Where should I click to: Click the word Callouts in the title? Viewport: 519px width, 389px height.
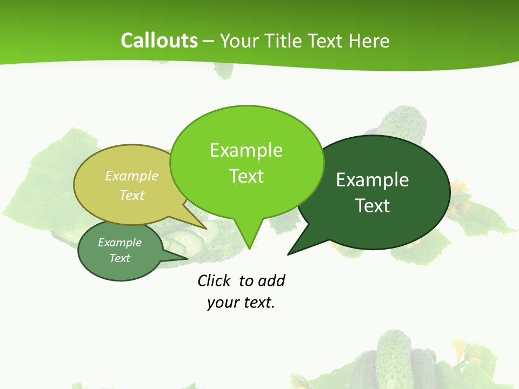pyautogui.click(x=159, y=41)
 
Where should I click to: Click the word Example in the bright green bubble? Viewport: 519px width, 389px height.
pyautogui.click(x=246, y=150)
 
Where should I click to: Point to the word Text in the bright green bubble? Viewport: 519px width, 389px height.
pyautogui.click(x=246, y=176)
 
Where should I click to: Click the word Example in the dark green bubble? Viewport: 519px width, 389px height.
pyautogui.click(x=372, y=180)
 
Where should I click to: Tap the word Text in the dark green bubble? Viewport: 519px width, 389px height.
pyautogui.click(x=372, y=206)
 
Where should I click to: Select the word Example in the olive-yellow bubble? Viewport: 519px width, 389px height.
pyautogui.click(x=132, y=176)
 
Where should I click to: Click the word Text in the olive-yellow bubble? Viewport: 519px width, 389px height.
pyautogui.click(x=132, y=195)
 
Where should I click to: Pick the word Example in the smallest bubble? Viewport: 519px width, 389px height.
pyautogui.click(x=119, y=243)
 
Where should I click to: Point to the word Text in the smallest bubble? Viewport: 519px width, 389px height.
pyautogui.click(x=119, y=258)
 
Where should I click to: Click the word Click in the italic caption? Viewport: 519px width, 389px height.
pyautogui.click(x=214, y=281)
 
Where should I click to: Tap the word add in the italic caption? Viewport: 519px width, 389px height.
pyautogui.click(x=271, y=281)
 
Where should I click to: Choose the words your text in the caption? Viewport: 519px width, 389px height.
pyautogui.click(x=241, y=303)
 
